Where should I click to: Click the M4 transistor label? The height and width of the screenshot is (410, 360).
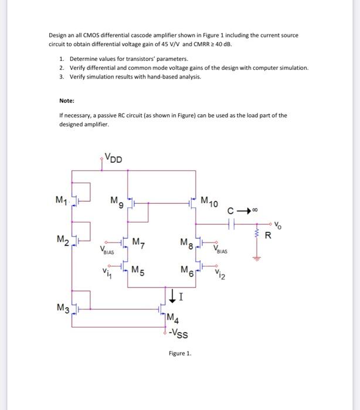coord(174,319)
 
